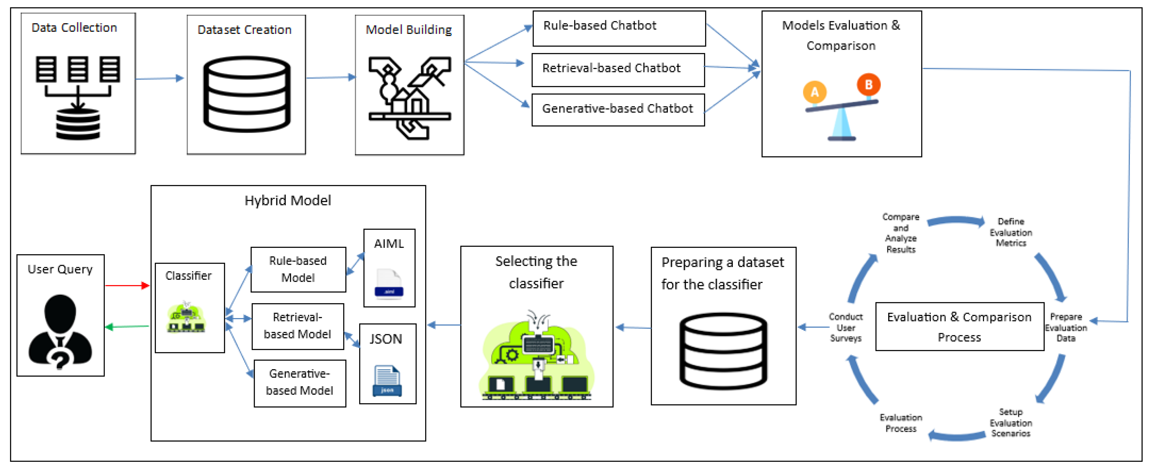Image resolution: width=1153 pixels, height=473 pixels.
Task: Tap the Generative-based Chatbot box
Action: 618,110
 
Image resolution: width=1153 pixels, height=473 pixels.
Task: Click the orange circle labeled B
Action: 868,84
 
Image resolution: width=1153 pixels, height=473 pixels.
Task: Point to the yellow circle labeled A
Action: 815,92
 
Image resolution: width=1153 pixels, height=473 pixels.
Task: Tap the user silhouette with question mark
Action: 61,331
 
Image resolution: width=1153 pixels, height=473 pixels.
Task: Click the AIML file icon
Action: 389,283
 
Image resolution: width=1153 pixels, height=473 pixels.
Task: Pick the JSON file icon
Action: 387,381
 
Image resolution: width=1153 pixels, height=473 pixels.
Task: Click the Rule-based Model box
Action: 298,269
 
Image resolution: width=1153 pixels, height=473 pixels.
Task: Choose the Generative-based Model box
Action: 299,383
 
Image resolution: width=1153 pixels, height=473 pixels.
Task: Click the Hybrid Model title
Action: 287,200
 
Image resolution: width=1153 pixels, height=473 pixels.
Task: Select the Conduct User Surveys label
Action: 846,327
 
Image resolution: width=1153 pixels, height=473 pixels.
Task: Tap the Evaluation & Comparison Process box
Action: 959,327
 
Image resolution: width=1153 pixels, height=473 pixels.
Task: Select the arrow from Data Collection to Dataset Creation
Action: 160,78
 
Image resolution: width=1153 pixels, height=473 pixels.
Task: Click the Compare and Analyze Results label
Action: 901,233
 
